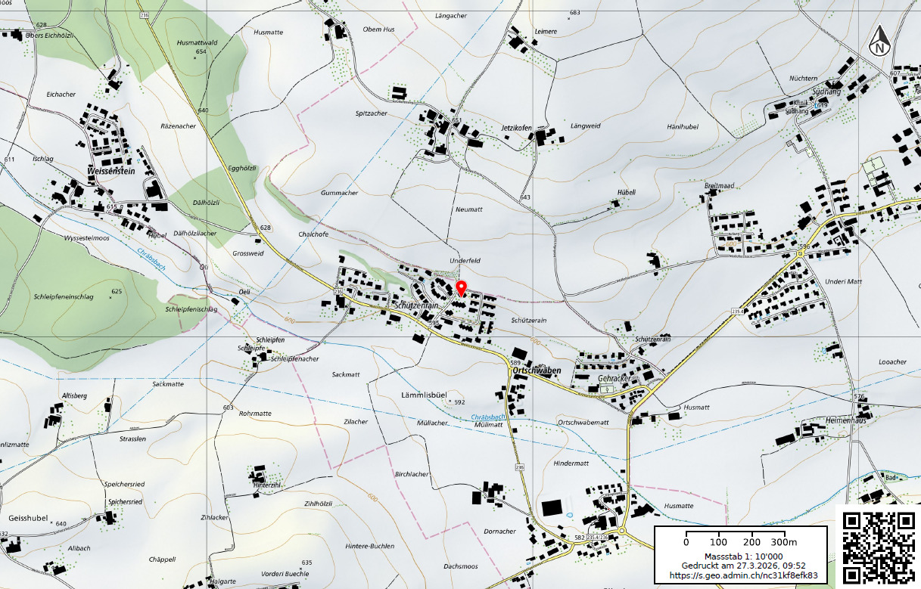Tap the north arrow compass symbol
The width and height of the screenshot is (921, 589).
879,42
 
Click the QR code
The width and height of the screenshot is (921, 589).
879,547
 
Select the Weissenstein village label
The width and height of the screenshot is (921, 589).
111,172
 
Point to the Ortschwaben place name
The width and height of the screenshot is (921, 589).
537,371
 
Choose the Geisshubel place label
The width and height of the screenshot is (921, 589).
28,519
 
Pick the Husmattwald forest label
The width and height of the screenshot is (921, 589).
197,43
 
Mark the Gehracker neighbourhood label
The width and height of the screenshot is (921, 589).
614,378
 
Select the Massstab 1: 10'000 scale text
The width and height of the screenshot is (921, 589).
739,556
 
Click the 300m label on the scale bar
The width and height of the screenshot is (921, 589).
784,542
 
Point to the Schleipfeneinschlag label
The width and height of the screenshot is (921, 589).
64,297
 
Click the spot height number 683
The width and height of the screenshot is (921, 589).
574,13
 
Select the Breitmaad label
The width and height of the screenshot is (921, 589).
719,185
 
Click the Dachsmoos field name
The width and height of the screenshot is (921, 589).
461,566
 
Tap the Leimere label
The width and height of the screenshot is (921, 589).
546,32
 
